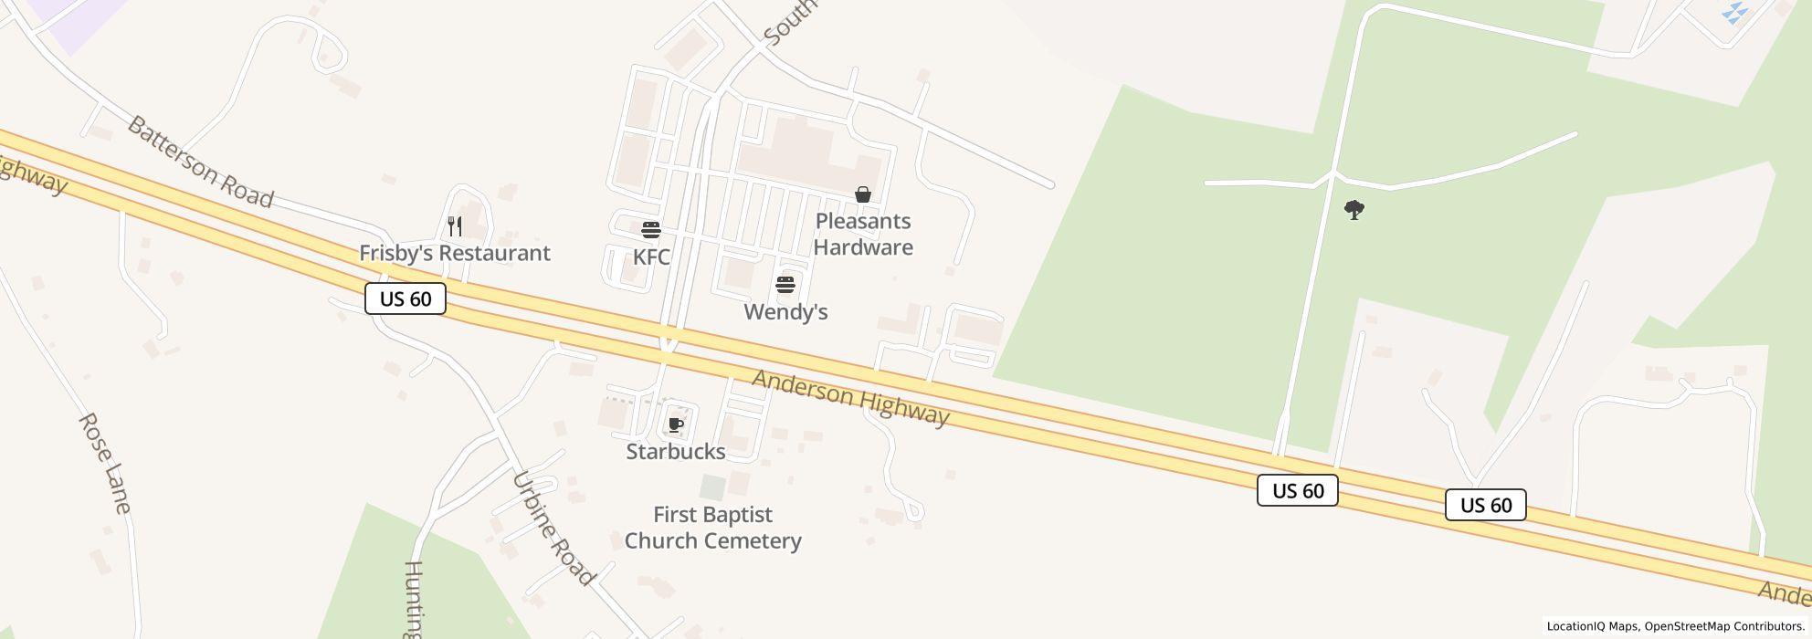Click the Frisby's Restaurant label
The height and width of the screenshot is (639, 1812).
coord(454,253)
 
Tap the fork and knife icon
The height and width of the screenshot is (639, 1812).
coord(455,225)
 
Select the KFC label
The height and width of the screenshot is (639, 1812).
coord(651,257)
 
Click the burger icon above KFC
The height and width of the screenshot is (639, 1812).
coord(651,229)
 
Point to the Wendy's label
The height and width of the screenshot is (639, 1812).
coord(785,312)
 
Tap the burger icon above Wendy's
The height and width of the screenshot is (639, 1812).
coord(785,285)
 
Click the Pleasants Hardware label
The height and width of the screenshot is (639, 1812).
coord(863,235)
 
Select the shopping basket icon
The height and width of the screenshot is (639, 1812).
coord(862,194)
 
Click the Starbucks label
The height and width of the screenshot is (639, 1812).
coord(676,452)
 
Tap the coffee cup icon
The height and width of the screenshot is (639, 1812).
coord(676,424)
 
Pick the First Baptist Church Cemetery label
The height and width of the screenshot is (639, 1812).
coord(713,528)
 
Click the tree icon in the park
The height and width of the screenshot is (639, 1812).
coord(1354,211)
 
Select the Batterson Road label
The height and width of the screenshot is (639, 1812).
coord(200,162)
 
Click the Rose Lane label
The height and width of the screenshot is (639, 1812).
coord(105,463)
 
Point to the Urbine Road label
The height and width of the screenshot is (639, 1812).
coord(553,529)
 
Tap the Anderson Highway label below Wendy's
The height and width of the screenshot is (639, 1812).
coord(850,398)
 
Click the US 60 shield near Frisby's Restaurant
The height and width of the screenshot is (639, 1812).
coord(406,299)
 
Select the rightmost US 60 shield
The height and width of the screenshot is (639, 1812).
coord(1485,505)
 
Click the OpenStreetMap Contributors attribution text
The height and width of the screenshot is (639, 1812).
coord(1722,626)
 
